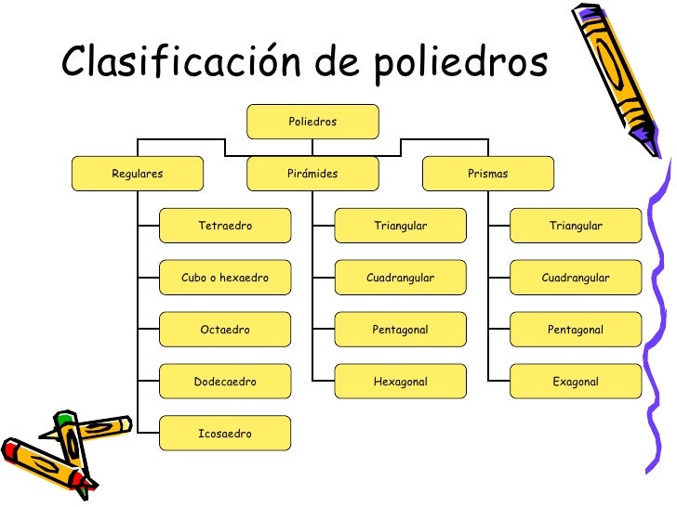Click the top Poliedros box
(x=312, y=122)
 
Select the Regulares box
(x=138, y=174)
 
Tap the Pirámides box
(x=312, y=174)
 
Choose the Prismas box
(x=488, y=174)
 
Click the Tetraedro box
(x=225, y=226)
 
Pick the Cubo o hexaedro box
(x=225, y=278)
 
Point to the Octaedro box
(x=225, y=330)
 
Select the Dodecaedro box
(x=225, y=382)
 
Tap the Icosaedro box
(x=225, y=434)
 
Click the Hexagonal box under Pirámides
(x=400, y=382)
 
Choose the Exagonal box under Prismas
(x=576, y=382)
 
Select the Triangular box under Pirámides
(x=400, y=226)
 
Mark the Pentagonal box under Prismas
(x=576, y=330)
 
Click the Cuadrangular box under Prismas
(x=576, y=278)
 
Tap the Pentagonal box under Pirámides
(x=400, y=330)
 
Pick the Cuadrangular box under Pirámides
(x=400, y=278)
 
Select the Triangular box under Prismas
(x=576, y=226)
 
